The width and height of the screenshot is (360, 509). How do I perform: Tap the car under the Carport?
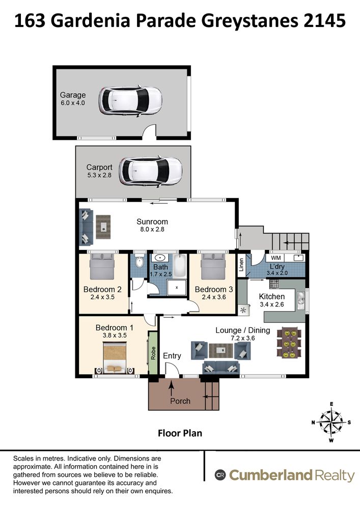click(x=150, y=172)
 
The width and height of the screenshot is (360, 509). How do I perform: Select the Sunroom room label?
click(x=152, y=222)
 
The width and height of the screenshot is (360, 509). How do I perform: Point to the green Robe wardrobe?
click(x=153, y=353)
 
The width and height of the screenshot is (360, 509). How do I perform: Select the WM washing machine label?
click(x=276, y=258)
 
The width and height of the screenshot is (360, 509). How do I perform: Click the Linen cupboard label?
click(x=241, y=265)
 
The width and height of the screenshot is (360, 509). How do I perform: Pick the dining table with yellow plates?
click(x=289, y=343)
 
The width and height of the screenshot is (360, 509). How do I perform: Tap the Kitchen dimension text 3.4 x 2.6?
click(x=272, y=304)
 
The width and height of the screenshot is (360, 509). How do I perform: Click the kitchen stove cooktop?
click(x=274, y=284)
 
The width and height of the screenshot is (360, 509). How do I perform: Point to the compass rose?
click(x=331, y=422)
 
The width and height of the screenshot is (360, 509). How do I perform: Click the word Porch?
click(x=180, y=401)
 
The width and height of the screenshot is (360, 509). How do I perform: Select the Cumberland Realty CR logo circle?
click(x=220, y=475)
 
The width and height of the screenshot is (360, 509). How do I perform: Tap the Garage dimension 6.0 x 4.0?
click(x=73, y=103)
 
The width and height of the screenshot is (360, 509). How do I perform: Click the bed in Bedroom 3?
click(x=213, y=266)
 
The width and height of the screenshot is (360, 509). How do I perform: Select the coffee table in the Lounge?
click(x=221, y=351)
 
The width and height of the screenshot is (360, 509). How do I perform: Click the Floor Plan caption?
click(x=180, y=433)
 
